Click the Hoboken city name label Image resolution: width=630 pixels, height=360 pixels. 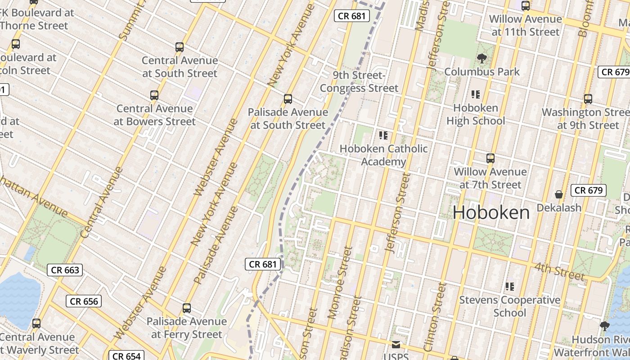pyautogui.click(x=491, y=212)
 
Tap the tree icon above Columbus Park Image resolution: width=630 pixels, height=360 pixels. pyautogui.click(x=481, y=58)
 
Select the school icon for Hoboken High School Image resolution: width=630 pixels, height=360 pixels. pyautogui.click(x=476, y=94)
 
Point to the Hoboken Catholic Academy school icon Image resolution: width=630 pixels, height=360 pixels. pyautogui.click(x=383, y=135)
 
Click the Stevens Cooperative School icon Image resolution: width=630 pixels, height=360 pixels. pyautogui.click(x=509, y=286)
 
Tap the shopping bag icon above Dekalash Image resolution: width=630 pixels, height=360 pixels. pyautogui.click(x=558, y=194)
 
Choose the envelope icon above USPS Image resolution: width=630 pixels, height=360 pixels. pyautogui.click(x=396, y=345)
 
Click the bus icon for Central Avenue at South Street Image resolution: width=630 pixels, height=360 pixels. pyautogui.click(x=180, y=47)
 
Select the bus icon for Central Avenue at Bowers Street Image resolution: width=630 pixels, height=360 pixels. pyautogui.click(x=154, y=95)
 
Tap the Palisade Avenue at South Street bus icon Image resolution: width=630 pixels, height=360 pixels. pyautogui.click(x=288, y=99)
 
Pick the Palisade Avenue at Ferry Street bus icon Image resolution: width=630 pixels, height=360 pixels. pyautogui.click(x=187, y=308)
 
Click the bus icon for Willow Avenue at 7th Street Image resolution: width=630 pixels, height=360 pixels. pyautogui.click(x=490, y=158)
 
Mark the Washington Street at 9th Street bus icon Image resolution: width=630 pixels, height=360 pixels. pyautogui.click(x=588, y=99)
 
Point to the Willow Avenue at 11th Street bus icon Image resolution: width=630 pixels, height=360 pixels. pyautogui.click(x=525, y=6)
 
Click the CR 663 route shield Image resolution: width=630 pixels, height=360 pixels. pyautogui.click(x=65, y=270)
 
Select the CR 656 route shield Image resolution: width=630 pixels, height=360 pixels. pyautogui.click(x=84, y=301)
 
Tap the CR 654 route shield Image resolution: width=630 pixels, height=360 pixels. pyautogui.click(x=126, y=356)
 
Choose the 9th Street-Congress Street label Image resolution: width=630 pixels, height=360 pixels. pyautogui.click(x=359, y=81)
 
